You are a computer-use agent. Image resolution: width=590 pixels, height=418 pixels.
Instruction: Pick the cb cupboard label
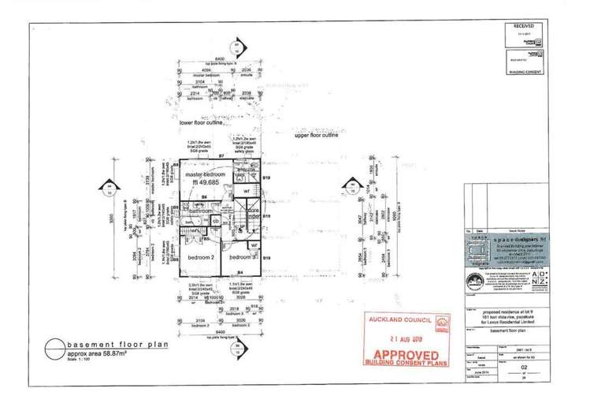(x=215, y=221)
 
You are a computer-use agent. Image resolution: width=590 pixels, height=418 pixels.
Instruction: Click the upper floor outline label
(x=315, y=136)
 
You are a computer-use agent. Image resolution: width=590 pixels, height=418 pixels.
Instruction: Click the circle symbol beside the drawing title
(x=54, y=348)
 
